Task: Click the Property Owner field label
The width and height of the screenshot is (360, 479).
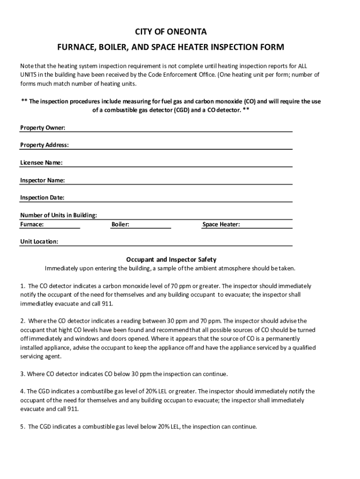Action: coord(43,128)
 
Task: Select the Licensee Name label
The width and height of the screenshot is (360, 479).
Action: coord(41,163)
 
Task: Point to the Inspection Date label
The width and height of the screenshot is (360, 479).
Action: coord(42,197)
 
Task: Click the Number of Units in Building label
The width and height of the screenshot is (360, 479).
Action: coord(58,215)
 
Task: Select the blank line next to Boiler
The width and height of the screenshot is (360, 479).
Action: coord(150,225)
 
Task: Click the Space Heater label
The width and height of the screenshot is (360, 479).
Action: coord(221,225)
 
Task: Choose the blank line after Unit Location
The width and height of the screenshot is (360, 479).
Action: coord(175,242)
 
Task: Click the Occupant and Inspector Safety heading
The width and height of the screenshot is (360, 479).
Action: coord(171,259)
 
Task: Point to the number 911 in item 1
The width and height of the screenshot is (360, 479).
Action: coord(108,303)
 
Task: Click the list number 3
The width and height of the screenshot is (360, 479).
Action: coord(22,374)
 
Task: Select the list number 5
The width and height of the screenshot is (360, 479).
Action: coord(22,427)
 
